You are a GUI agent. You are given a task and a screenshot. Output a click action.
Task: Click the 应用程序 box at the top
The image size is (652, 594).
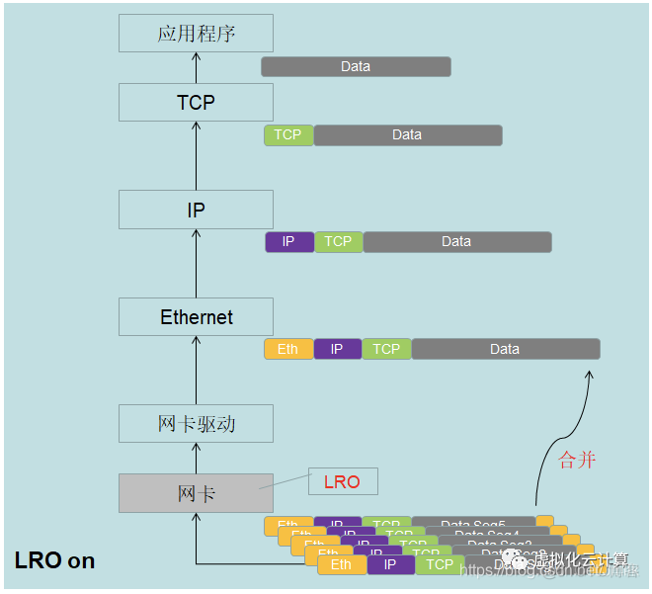coord(196,34)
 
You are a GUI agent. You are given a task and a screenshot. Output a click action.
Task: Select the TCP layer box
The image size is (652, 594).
coord(196,102)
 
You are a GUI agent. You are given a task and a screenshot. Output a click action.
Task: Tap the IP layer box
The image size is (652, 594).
coord(196,210)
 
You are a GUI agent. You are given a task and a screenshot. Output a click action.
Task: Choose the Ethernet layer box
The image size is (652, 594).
coord(196,317)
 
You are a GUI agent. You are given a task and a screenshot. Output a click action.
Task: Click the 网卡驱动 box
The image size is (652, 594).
coord(196,424)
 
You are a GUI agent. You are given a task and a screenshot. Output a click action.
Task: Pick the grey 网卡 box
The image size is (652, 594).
coord(196,493)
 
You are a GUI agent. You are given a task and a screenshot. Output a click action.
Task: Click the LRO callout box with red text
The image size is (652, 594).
coord(343,482)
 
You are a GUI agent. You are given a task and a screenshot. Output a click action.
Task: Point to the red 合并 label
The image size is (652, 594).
coord(577,460)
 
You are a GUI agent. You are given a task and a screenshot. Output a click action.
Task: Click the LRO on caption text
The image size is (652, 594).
coord(55,560)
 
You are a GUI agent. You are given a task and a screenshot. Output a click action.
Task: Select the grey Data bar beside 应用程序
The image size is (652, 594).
coord(356,66)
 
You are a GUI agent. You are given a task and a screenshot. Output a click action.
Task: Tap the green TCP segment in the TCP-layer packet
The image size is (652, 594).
coord(287,135)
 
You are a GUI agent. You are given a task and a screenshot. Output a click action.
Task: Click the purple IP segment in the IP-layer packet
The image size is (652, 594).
coord(288,242)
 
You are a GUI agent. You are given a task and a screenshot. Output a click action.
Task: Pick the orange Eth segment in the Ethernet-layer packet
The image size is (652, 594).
coord(287,349)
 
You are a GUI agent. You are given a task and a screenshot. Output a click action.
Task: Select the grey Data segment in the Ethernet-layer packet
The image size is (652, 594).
coord(505,349)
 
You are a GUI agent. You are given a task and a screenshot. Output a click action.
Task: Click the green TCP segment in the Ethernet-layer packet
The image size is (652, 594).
coord(386,349)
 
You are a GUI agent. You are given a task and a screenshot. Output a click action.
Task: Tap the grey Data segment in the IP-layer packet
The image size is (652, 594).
coord(456,242)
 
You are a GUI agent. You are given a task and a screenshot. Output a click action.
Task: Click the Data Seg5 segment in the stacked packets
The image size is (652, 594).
coord(473,524)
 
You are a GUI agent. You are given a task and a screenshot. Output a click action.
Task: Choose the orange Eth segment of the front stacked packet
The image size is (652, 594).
coord(341,565)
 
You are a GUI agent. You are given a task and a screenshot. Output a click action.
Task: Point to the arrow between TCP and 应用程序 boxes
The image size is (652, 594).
coord(196,67)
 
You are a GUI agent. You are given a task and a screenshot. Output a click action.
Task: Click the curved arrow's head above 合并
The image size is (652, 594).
coord(591,375)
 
